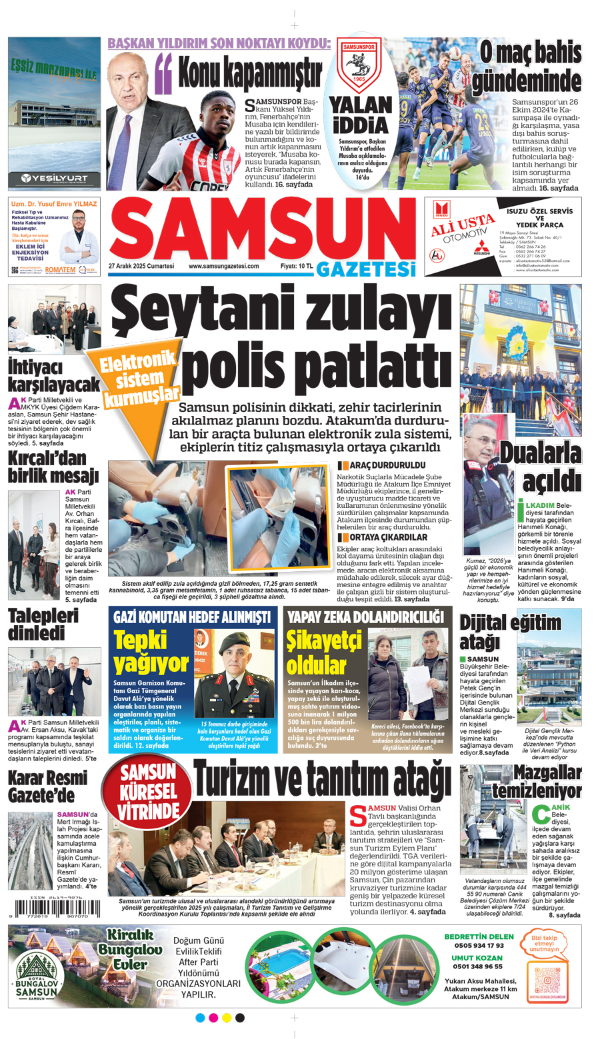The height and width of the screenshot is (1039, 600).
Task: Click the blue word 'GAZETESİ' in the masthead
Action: click(x=365, y=269)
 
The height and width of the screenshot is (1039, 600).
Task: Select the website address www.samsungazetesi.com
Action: click(x=223, y=266)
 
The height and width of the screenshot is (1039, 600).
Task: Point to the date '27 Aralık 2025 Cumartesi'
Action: click(x=141, y=266)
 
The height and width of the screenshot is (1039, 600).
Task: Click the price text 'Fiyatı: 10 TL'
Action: click(x=297, y=266)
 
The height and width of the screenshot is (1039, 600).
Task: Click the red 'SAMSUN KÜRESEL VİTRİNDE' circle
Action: click(x=148, y=792)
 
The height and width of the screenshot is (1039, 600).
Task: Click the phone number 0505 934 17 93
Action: click(x=479, y=945)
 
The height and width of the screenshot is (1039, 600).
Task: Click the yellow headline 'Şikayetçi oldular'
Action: click(x=317, y=653)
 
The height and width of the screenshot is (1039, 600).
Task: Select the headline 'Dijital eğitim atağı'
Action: click(x=510, y=632)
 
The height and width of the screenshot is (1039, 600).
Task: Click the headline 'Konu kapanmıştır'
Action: click(x=250, y=73)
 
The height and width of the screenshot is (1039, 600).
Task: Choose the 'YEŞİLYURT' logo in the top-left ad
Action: click(x=54, y=178)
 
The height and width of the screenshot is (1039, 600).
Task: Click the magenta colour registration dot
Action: click(x=213, y=1018)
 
